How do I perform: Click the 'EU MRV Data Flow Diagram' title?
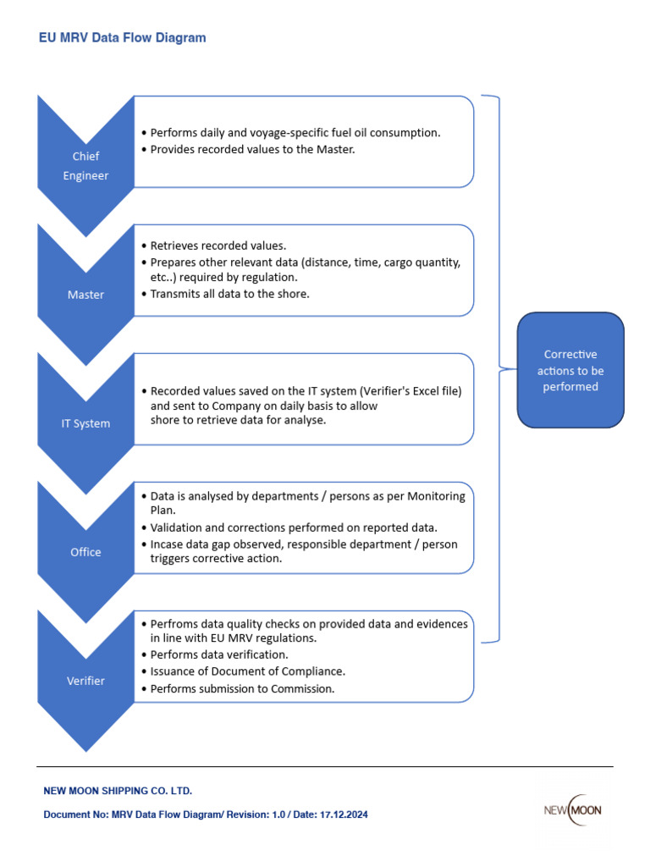(x=123, y=38)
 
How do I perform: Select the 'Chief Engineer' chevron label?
(x=85, y=166)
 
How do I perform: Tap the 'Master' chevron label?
(x=85, y=295)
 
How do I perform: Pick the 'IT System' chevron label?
(x=85, y=423)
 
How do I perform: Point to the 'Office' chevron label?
(x=85, y=552)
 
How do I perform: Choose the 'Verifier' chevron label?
(x=85, y=681)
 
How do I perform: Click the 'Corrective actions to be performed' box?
(x=570, y=371)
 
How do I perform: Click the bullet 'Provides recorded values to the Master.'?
(x=252, y=149)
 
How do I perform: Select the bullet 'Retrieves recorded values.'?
(x=218, y=246)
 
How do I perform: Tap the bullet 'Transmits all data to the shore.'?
(x=229, y=294)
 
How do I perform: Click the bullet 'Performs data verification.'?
(x=219, y=654)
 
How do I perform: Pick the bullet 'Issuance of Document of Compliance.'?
(x=247, y=671)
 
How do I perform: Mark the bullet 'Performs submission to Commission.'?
(x=242, y=688)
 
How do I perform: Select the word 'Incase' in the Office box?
(x=167, y=544)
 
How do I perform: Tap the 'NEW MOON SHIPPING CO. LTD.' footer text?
(x=118, y=791)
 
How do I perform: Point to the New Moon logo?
(x=572, y=810)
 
